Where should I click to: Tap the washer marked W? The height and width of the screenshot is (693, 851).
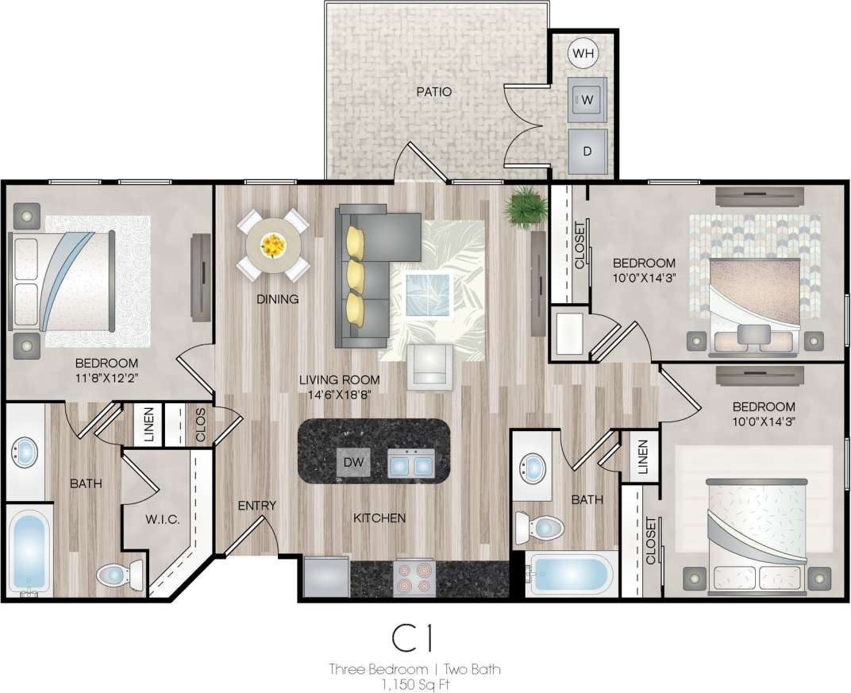587,100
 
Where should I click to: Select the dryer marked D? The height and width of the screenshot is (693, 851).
587,151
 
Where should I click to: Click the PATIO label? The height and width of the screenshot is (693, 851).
434,92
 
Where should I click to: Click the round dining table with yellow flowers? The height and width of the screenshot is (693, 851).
273,244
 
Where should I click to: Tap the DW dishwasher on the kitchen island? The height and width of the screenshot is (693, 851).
352,462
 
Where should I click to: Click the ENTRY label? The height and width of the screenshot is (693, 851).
256,506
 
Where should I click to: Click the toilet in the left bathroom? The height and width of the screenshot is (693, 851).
119,573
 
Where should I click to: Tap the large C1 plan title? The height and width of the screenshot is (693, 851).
414,638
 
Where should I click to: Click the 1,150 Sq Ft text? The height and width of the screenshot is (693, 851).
414,683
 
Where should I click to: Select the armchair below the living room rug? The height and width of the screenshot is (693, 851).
429,367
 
